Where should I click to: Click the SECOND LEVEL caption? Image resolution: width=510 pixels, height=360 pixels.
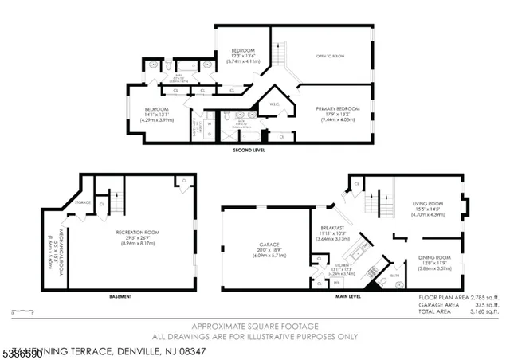point(249,150)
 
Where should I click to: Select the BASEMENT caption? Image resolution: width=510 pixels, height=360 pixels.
point(120,296)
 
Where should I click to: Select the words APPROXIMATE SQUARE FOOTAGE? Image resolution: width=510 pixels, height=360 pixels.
point(254,327)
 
